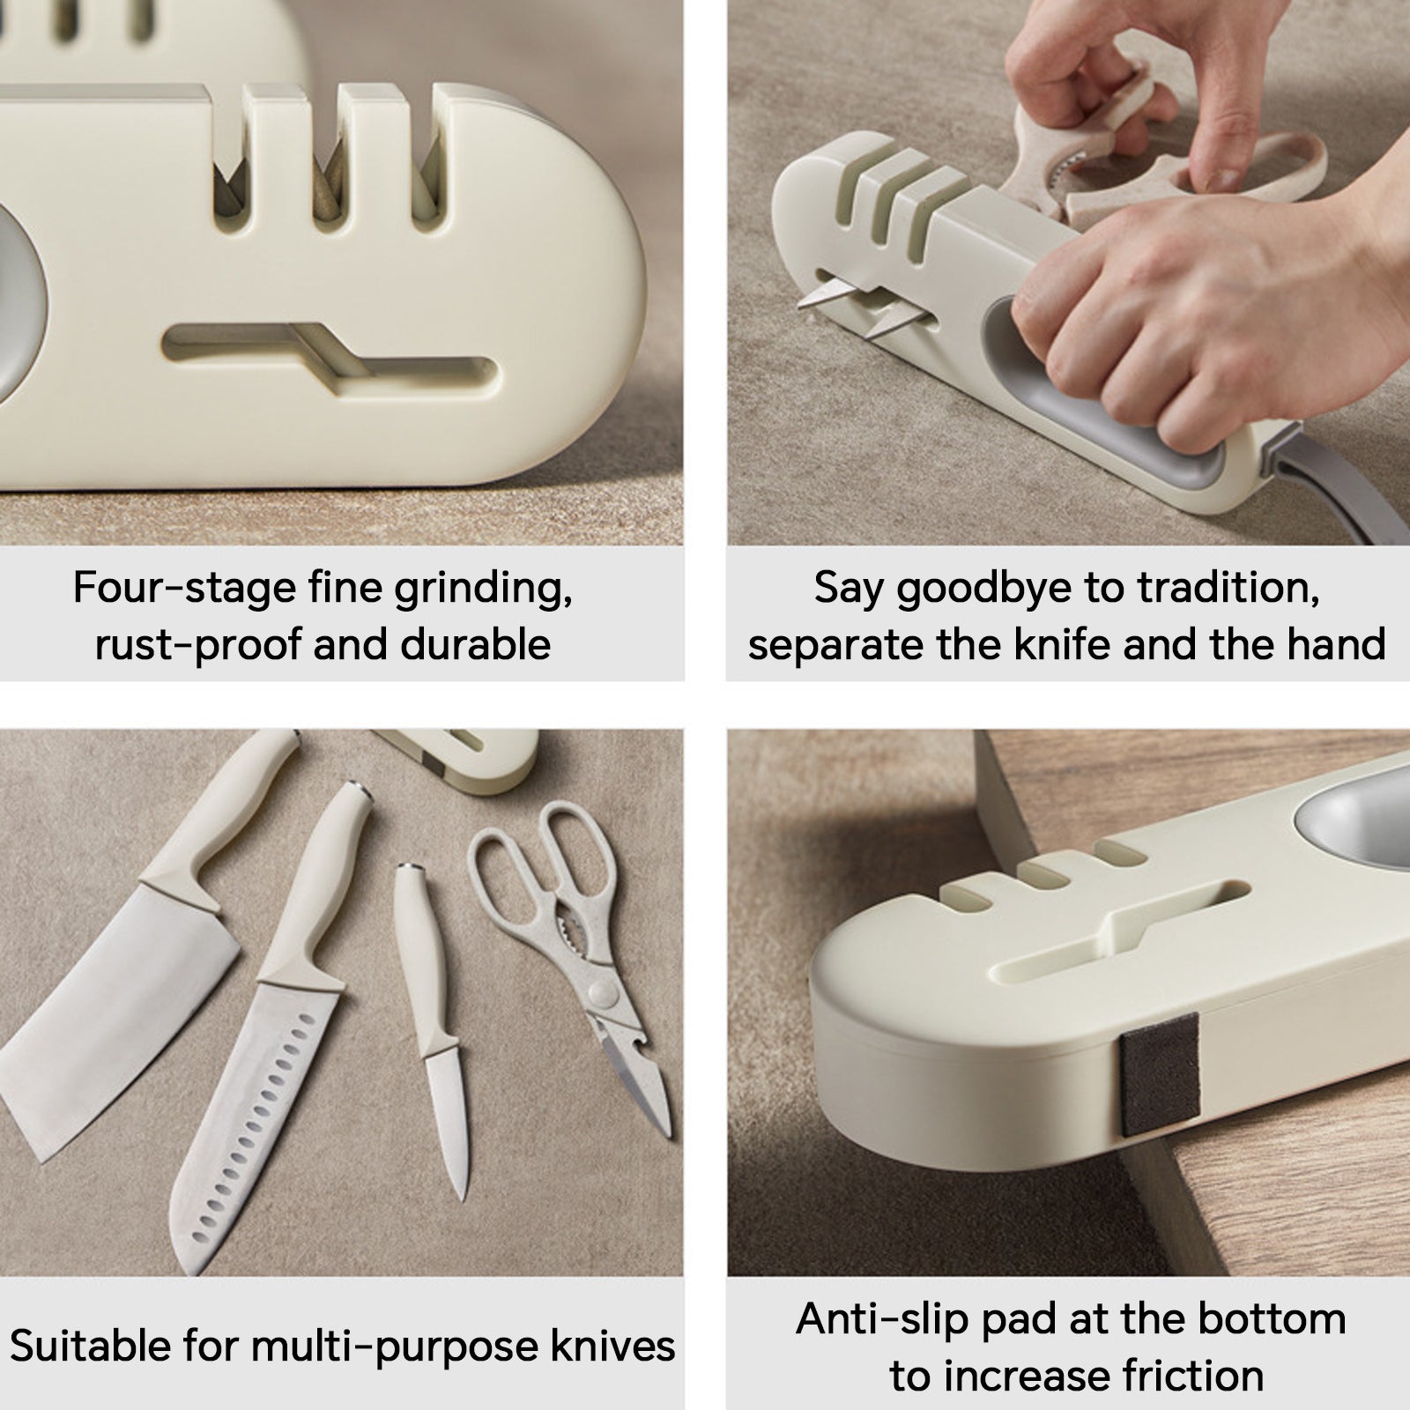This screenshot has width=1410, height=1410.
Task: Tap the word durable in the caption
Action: pos(476,644)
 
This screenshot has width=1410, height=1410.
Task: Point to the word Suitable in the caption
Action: pos(88,1346)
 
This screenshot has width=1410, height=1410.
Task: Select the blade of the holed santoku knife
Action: pos(256,1110)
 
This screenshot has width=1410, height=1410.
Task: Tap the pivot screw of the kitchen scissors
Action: pos(603,995)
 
